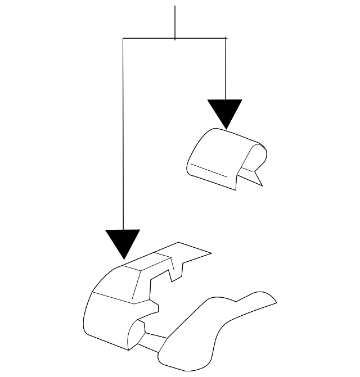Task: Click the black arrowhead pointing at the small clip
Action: [x=225, y=112]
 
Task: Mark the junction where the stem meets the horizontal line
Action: [x=175, y=38]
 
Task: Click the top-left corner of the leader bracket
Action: [x=123, y=38]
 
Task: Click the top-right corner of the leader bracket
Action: [x=226, y=38]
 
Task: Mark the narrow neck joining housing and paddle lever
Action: [x=155, y=340]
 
